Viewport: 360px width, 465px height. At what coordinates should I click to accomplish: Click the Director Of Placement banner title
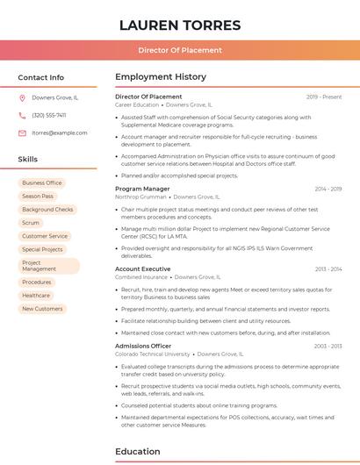pos(179,50)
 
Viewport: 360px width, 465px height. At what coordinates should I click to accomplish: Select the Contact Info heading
pos(41,77)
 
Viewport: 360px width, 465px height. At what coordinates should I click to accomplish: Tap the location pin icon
pos(22,97)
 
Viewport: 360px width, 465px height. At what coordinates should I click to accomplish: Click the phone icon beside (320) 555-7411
pos(22,115)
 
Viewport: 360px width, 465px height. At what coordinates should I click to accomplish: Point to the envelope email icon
pos(22,132)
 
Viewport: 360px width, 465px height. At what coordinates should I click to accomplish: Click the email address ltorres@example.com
pos(60,132)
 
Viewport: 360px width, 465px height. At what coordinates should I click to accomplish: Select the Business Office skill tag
pos(42,183)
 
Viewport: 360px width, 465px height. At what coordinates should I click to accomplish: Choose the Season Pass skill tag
pos(38,197)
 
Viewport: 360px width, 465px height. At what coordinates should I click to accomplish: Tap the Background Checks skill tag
pos(47,210)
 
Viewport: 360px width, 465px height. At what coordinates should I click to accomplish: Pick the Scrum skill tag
pos(31,223)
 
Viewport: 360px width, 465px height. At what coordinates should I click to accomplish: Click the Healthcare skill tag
pos(36,296)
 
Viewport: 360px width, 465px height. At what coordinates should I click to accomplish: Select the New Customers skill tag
pos(42,309)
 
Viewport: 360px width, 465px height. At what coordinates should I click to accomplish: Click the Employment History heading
pos(161,77)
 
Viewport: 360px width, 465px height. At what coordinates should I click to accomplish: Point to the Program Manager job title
pos(142,189)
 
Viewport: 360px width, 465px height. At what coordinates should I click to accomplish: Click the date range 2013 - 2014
pos(328,268)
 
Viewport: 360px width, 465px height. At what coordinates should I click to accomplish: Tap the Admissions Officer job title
pos(143,346)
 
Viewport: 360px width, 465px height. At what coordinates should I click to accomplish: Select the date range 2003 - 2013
pos(328,346)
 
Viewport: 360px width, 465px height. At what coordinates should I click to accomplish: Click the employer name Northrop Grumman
pos(140,197)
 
